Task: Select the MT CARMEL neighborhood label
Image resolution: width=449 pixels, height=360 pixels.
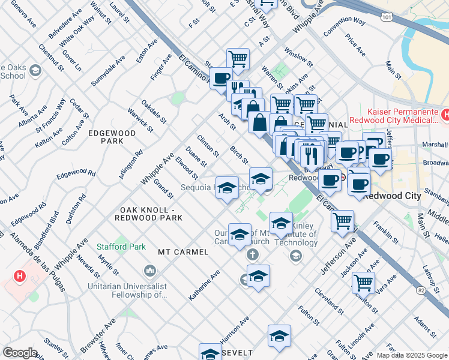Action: (x=183, y=252)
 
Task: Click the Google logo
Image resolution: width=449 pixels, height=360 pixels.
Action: (x=20, y=353)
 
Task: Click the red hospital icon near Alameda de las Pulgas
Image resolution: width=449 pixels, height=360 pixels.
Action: (x=20, y=276)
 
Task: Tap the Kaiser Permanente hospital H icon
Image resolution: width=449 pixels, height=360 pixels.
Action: (x=445, y=114)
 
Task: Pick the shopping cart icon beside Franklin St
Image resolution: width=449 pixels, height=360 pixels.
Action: (x=342, y=220)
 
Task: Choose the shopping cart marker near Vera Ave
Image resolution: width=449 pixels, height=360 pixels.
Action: (x=363, y=281)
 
